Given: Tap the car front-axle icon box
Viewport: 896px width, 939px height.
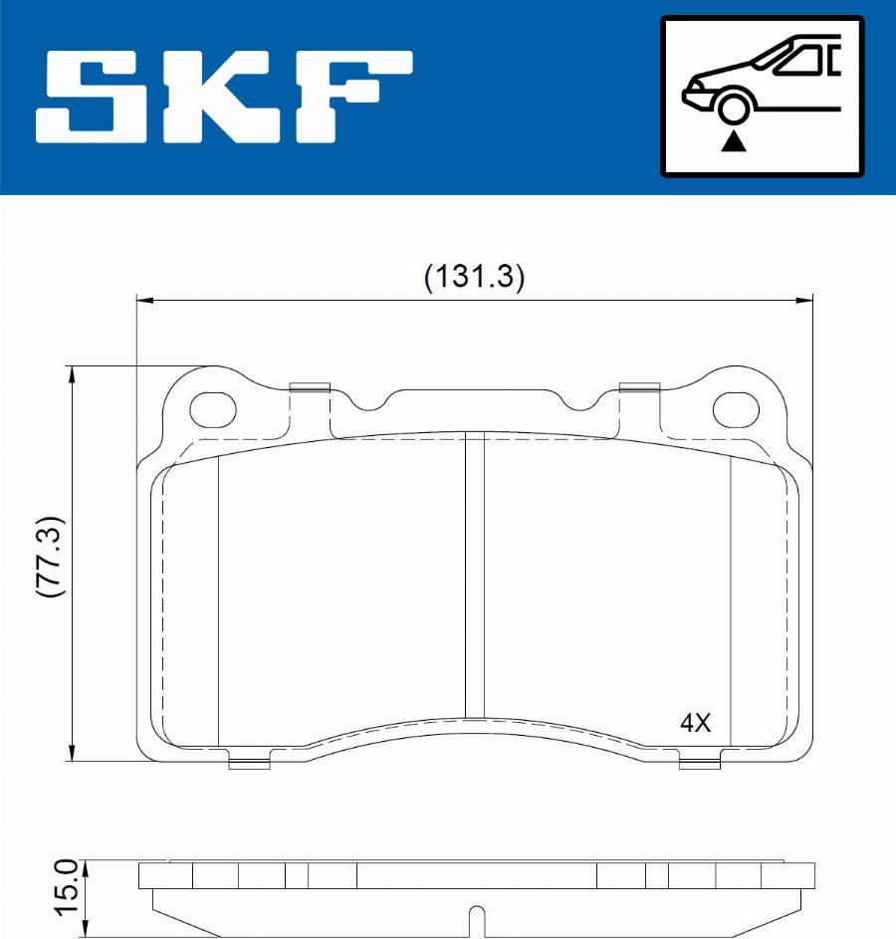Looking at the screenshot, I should pyautogui.click(x=762, y=97).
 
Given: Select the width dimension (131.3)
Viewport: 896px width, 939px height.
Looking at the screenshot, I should pyautogui.click(x=474, y=276).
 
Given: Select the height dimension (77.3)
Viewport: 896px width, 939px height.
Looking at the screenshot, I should pyautogui.click(x=50, y=557).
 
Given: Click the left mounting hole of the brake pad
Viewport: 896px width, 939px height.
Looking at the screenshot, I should pyautogui.click(x=215, y=406).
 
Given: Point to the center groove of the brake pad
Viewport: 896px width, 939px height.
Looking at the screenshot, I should pyautogui.click(x=475, y=578).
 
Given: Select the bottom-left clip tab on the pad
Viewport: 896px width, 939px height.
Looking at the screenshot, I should pyautogui.click(x=249, y=764).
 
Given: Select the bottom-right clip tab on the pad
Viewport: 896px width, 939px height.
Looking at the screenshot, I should pyautogui.click(x=699, y=764).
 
